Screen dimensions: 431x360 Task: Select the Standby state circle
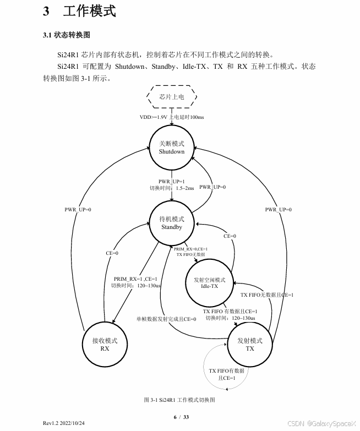(x=172, y=223)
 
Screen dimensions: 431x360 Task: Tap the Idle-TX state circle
(x=209, y=283)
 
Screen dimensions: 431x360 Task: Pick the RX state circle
(x=105, y=345)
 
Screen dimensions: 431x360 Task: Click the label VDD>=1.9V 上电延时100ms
(x=172, y=117)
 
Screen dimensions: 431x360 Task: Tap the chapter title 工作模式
(x=89, y=11)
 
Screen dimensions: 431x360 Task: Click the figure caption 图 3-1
(x=179, y=399)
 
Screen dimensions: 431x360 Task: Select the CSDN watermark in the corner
(x=322, y=423)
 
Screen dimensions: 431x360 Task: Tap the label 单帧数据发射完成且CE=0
(x=166, y=319)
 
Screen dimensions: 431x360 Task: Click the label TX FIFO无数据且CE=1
(x=267, y=295)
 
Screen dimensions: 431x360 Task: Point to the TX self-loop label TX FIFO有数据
(x=226, y=371)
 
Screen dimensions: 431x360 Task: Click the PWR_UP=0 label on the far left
(x=78, y=209)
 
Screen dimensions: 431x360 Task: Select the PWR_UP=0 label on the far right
(x=278, y=209)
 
